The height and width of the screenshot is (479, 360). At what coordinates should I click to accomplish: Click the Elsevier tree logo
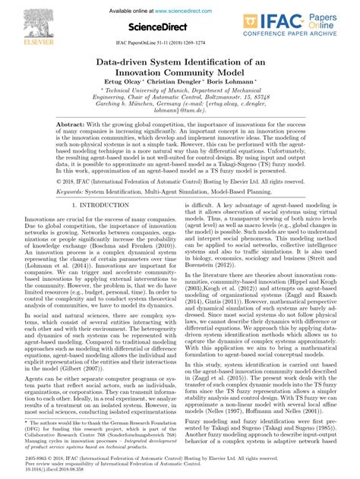click(x=23, y=19)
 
